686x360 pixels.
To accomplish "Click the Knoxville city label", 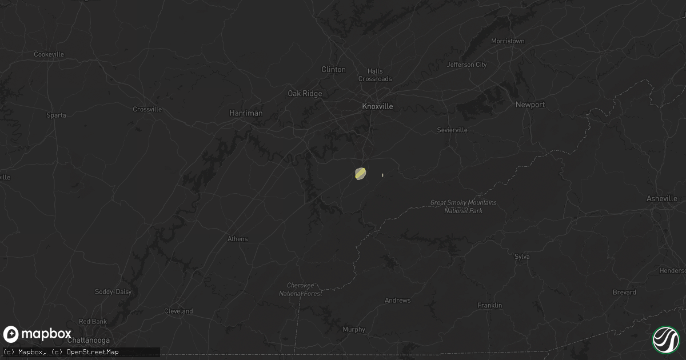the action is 377,106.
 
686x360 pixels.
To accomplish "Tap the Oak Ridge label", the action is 305,94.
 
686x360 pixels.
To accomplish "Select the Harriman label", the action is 246,113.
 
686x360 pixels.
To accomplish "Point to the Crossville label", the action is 147,109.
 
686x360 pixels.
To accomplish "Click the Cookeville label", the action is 49,54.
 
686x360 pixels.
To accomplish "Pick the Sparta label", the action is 57,115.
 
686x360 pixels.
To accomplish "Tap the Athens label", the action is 237,239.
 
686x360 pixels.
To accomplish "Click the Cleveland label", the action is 178,311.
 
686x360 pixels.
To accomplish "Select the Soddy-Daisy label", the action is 113,292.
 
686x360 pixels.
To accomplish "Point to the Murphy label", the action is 353,329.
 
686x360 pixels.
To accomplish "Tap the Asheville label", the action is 661,199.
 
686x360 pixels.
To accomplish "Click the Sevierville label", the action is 452,130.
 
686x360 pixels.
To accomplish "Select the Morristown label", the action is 508,41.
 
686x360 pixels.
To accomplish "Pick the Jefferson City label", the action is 467,65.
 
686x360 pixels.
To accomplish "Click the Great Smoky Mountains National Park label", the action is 464,207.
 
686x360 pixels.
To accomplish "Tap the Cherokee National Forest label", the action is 301,289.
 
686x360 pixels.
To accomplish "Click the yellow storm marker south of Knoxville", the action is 360,173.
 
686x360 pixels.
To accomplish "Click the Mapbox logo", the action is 38,334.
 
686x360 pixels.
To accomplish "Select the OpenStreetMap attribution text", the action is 93,352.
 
